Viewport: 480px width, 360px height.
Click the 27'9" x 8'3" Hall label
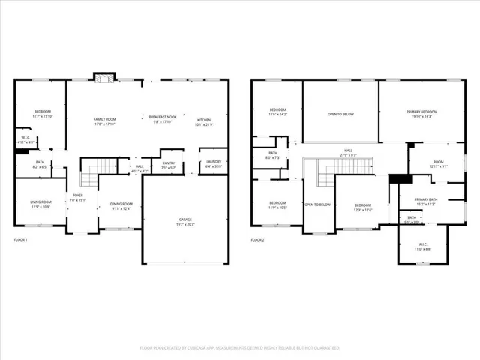tap(349, 153)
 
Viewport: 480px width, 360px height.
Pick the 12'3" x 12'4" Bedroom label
tap(363, 207)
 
